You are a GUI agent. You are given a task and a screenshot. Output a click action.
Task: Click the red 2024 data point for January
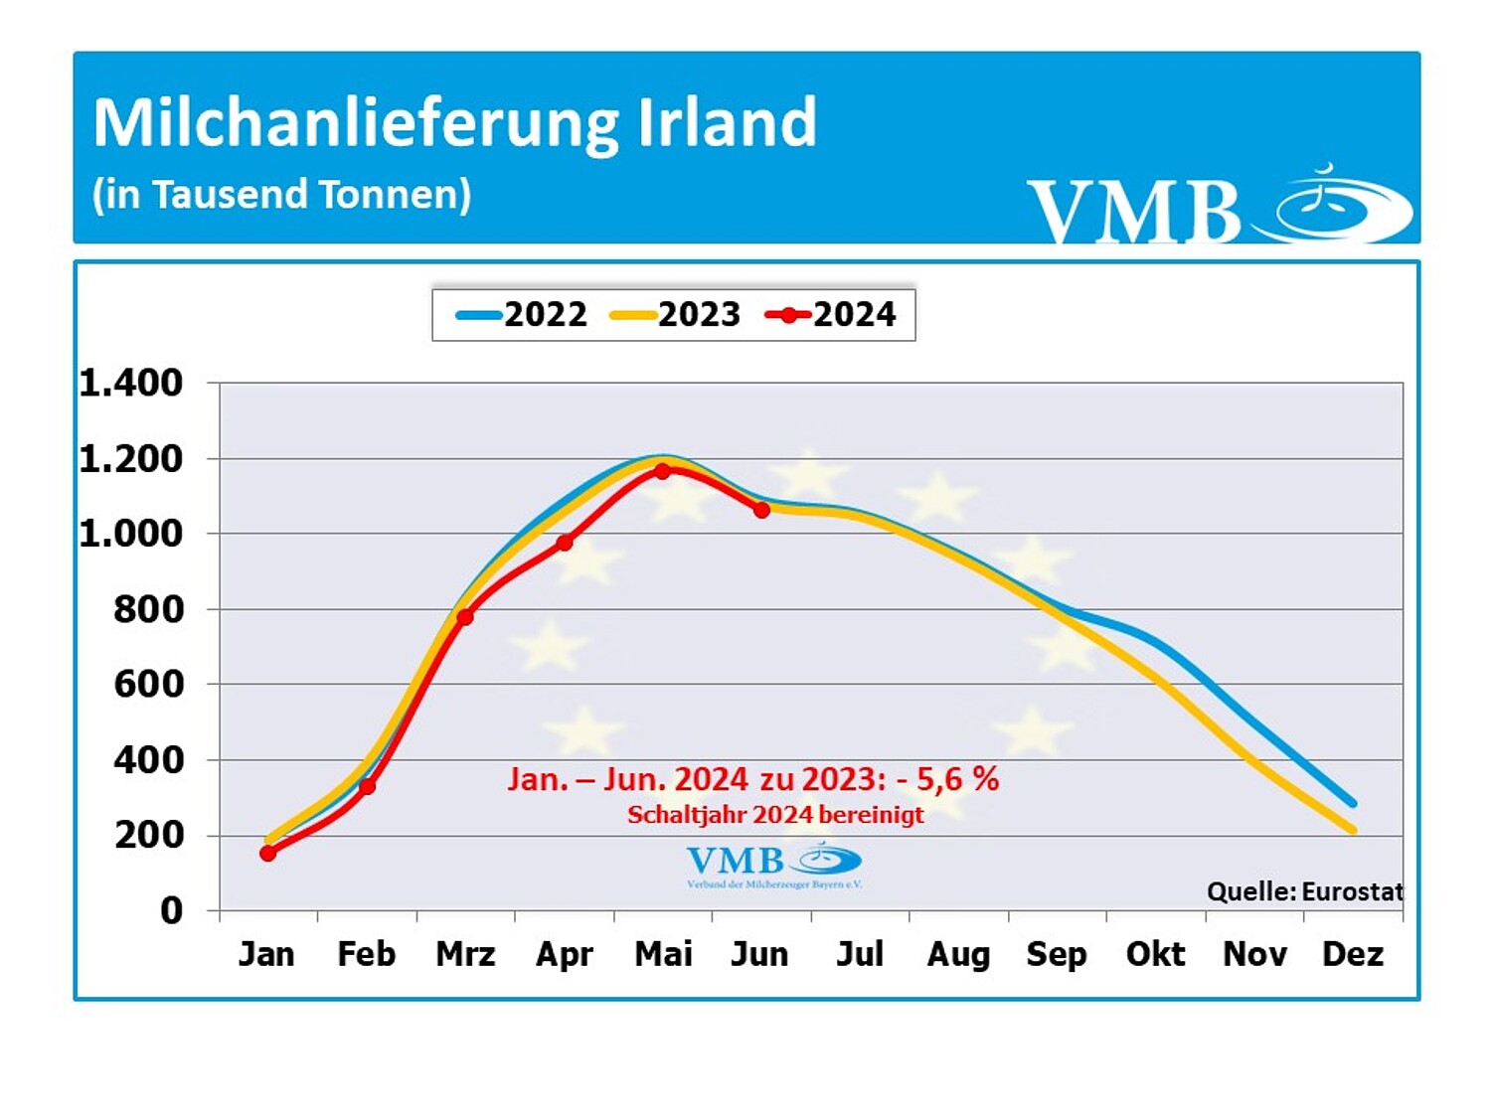pos(267,853)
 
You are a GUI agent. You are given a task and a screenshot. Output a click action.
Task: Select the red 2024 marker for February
pos(367,786)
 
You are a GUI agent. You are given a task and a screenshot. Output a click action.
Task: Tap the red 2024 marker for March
pos(465,617)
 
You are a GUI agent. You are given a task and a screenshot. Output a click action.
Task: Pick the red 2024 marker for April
pos(565,543)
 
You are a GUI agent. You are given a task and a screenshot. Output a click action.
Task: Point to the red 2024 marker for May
pos(663,471)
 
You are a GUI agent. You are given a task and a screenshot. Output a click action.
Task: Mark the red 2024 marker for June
pos(761,510)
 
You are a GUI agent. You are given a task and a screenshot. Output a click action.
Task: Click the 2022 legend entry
pos(523,315)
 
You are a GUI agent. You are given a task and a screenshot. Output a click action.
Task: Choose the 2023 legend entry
pos(677,315)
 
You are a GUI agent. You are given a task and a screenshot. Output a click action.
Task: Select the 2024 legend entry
pos(832,315)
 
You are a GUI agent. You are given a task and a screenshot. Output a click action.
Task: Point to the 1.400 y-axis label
pos(131,383)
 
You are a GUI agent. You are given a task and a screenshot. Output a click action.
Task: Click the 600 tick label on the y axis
pos(149,684)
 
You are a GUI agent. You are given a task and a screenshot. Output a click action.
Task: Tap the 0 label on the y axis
pos(172,910)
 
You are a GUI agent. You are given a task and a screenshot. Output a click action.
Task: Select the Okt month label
pos(1155,954)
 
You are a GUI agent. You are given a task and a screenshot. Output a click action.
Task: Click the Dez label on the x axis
pos(1353,954)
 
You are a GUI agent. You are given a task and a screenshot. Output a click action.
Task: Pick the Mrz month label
pos(465,954)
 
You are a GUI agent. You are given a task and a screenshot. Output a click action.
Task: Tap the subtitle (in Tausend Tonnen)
pos(281,195)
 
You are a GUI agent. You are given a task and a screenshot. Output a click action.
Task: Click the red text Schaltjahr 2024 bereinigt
pos(775,815)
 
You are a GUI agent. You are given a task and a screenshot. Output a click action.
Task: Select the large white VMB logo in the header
pos(1133,211)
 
